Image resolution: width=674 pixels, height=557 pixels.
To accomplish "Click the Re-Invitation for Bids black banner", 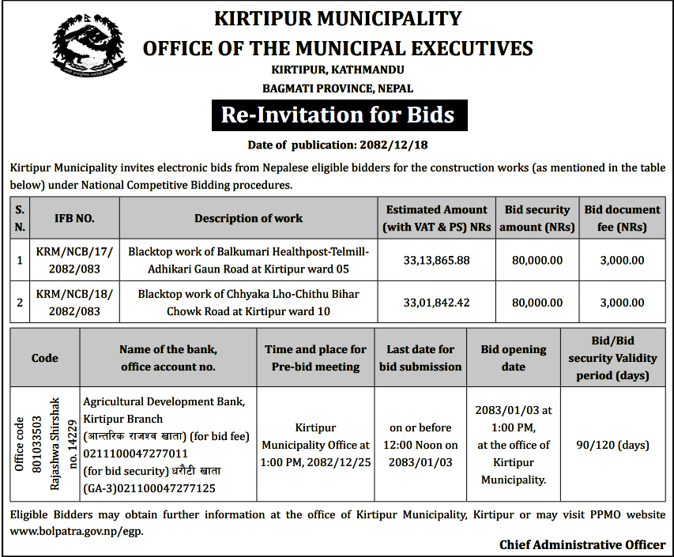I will click(x=338, y=115).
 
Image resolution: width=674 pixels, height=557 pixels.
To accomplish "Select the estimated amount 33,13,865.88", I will click(x=436, y=260).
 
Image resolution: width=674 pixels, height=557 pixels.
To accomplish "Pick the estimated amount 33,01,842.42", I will click(x=436, y=303).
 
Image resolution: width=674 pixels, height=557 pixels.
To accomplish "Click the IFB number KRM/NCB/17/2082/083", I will click(x=75, y=260).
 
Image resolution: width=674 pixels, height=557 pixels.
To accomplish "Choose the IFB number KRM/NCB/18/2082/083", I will click(x=75, y=303).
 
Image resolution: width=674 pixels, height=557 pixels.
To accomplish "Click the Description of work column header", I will click(x=248, y=218).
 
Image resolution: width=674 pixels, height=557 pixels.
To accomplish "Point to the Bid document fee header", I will click(x=622, y=218).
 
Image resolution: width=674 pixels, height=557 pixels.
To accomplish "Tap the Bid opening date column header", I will click(x=513, y=358).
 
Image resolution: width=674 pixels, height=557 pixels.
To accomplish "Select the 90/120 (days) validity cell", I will click(x=612, y=446).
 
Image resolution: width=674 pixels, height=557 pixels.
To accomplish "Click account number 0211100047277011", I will click(x=135, y=453).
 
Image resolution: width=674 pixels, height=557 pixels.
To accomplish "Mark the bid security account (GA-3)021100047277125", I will click(x=149, y=488).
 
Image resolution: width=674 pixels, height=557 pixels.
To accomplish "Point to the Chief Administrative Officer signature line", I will click(x=582, y=544).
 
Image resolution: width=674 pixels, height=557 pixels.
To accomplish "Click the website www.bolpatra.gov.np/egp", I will click(x=77, y=531).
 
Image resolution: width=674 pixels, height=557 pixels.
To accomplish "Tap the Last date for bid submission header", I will click(x=420, y=358).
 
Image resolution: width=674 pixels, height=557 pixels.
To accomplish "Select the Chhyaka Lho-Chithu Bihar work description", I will click(x=248, y=303).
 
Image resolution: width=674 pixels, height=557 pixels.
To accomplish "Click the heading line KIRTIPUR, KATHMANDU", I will click(x=337, y=71).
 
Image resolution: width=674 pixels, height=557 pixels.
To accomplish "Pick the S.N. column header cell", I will click(x=20, y=218).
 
